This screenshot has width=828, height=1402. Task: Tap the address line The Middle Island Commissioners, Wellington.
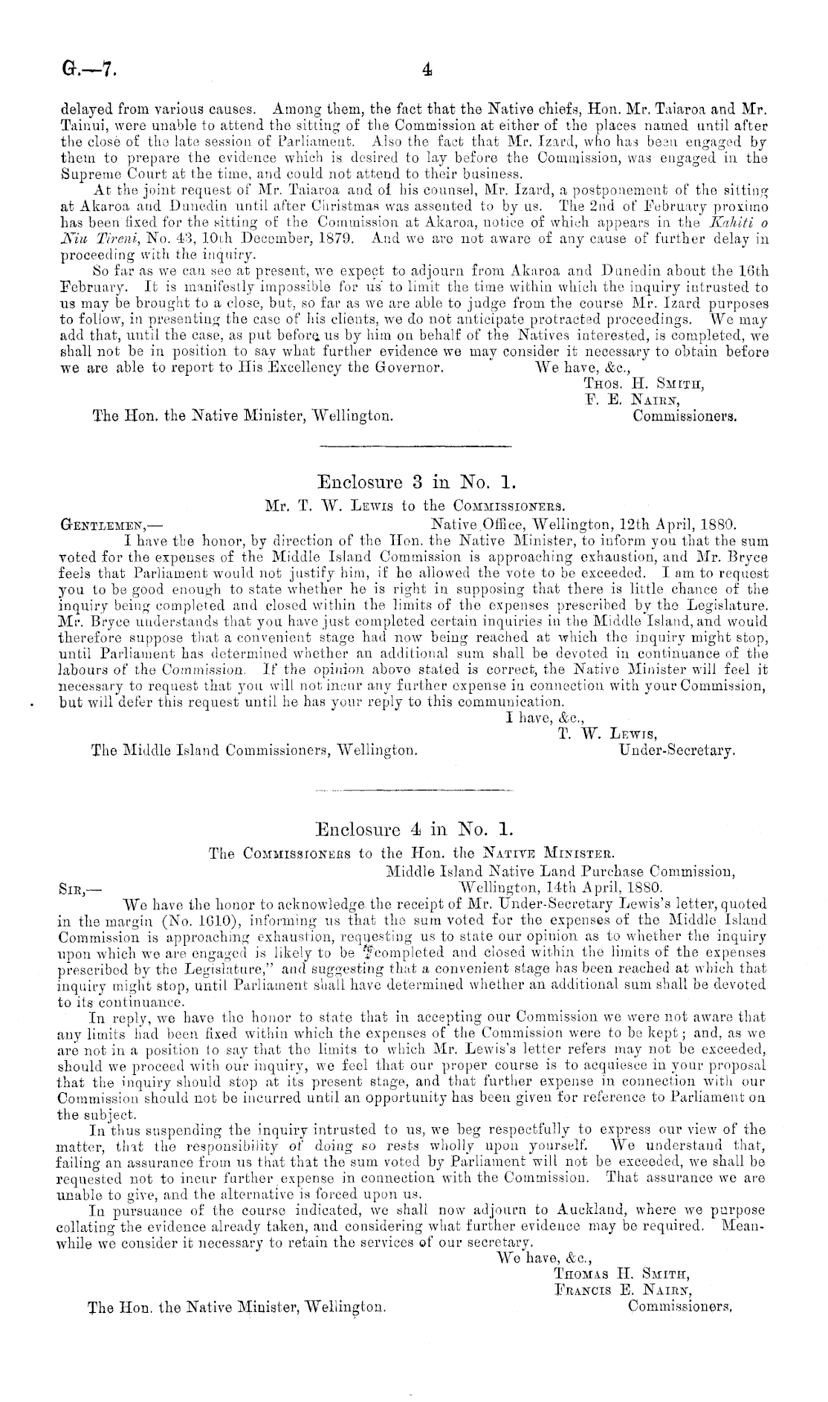pos(253,751)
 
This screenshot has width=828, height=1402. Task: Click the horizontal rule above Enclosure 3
pos(415,447)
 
